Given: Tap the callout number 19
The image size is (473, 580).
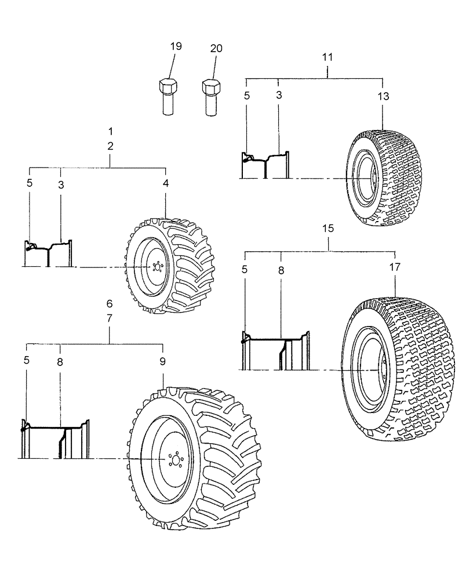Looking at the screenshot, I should tap(176, 46).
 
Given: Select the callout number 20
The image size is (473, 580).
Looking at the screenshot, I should tap(216, 49).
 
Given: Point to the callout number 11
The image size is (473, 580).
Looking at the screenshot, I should tap(328, 57).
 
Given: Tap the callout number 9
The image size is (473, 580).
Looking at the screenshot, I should tap(163, 361).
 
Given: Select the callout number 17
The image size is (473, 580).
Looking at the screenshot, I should tap(395, 269).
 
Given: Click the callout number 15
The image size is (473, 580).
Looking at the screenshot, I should tap(328, 229).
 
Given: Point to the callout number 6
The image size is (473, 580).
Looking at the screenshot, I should tap(110, 304).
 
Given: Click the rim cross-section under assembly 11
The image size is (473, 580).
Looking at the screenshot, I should tap(265, 165).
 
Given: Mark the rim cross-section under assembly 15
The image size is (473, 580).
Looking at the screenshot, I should tap(275, 351).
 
